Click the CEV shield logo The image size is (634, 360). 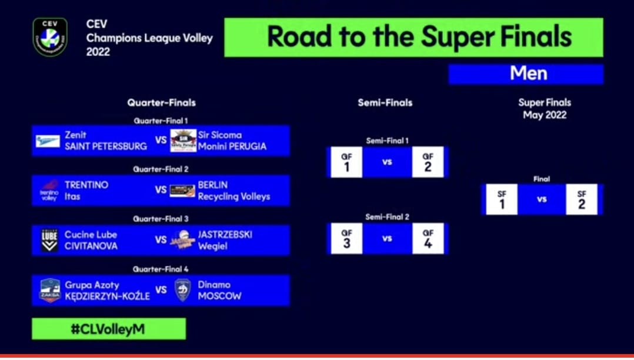point(50,37)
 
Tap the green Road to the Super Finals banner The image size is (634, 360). point(413,37)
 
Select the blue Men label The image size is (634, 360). point(526,74)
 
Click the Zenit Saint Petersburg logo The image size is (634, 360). point(48,141)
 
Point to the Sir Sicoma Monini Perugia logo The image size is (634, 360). point(183,141)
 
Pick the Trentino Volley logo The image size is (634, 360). point(49,191)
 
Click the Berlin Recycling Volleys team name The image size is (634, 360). point(233,191)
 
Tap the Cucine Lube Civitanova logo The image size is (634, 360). point(50,241)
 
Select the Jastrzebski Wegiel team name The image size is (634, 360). point(225,240)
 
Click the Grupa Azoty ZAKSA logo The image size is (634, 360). point(50,291)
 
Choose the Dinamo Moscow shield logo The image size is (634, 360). point(183,290)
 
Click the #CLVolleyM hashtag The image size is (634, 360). point(108,329)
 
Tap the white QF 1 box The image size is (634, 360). point(346,162)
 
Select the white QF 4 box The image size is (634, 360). point(428,239)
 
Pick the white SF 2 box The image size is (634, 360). point(582,199)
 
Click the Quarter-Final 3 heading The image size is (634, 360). point(161,219)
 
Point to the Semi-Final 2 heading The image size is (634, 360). point(388,217)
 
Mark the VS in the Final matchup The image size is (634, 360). point(542,199)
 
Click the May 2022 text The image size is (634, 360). point(545,115)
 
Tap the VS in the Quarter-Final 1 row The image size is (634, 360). point(161,140)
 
